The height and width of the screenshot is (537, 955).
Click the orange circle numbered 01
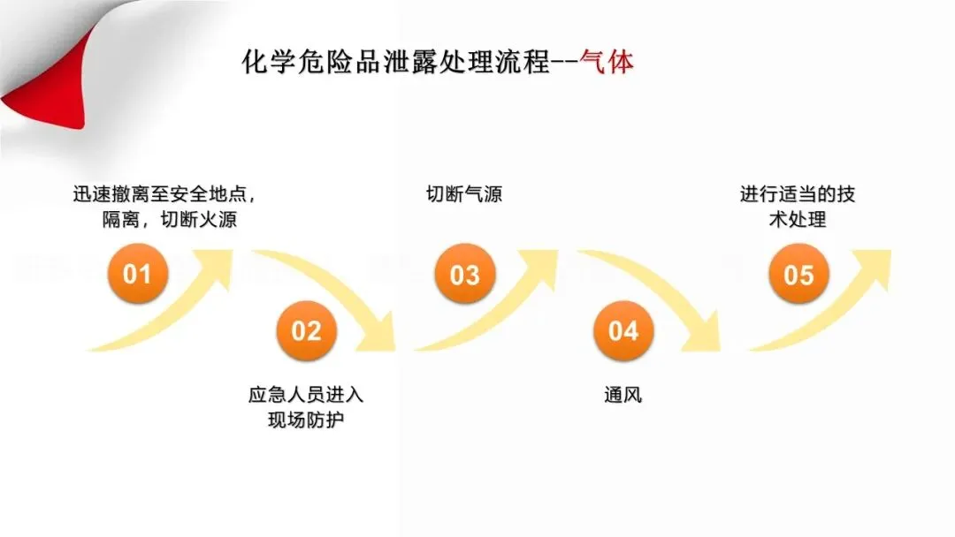[x=137, y=274]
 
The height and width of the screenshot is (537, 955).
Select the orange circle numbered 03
[x=464, y=275]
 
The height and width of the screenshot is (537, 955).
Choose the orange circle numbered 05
[x=798, y=275]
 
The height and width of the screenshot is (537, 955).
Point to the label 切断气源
[x=464, y=194]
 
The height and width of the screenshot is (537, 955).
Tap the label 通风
[x=623, y=395]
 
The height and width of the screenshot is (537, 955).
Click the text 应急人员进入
[x=306, y=395]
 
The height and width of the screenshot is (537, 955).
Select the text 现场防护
[x=306, y=420]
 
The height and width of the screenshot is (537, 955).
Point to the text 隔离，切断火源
[x=170, y=220]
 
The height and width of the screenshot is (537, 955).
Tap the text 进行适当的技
[x=798, y=194]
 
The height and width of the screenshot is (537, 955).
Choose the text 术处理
[x=798, y=220]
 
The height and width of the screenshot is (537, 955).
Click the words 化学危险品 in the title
[x=296, y=63]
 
